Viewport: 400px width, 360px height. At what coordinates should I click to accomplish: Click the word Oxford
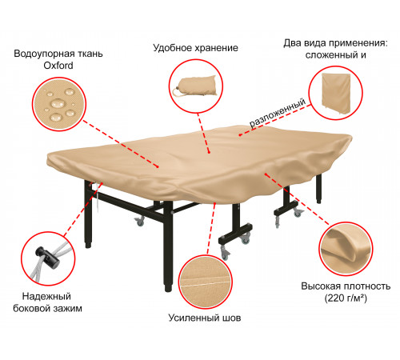58,66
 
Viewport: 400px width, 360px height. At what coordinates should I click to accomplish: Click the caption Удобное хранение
195,48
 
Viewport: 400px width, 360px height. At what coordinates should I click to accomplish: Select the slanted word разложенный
278,113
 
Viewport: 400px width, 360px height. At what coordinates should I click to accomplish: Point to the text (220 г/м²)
346,298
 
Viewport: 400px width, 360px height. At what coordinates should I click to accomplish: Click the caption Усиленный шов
205,318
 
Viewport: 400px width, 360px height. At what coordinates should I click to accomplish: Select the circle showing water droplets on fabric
59,104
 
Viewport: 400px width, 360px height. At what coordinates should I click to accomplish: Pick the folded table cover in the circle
335,94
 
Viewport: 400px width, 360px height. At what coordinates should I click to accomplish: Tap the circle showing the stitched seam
206,282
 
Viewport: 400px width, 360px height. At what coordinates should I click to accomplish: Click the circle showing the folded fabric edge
346,249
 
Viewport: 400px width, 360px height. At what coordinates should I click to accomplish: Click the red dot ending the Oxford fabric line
158,167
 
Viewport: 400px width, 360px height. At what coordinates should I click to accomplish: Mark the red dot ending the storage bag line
209,153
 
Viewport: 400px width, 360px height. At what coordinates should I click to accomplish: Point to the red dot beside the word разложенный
240,135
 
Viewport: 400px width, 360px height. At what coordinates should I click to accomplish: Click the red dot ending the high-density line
266,174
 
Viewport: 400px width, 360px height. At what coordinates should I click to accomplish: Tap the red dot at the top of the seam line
215,203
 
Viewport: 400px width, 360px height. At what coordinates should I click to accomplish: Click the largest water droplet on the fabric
58,103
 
